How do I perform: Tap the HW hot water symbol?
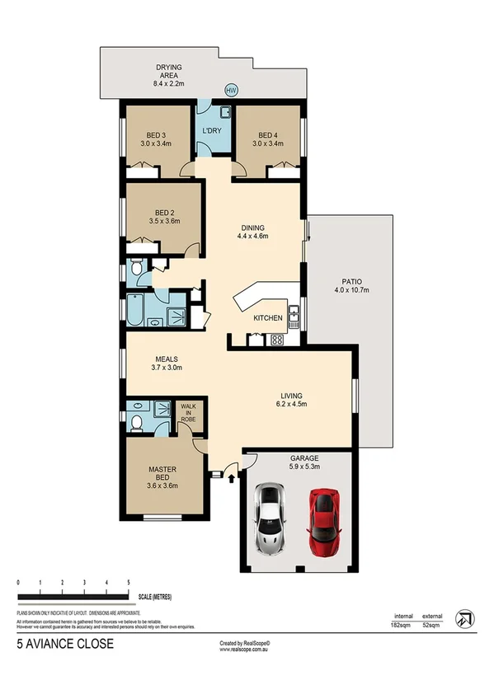coord(231,91)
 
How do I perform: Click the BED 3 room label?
coord(156,139)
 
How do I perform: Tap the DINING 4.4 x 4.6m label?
coord(253,232)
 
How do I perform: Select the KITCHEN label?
coord(268,318)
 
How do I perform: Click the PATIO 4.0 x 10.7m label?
coord(351,284)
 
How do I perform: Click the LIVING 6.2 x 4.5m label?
coord(293,399)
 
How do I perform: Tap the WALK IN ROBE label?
coord(189,411)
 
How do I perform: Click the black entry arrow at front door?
coord(231,476)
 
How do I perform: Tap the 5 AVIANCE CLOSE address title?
coord(64,642)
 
